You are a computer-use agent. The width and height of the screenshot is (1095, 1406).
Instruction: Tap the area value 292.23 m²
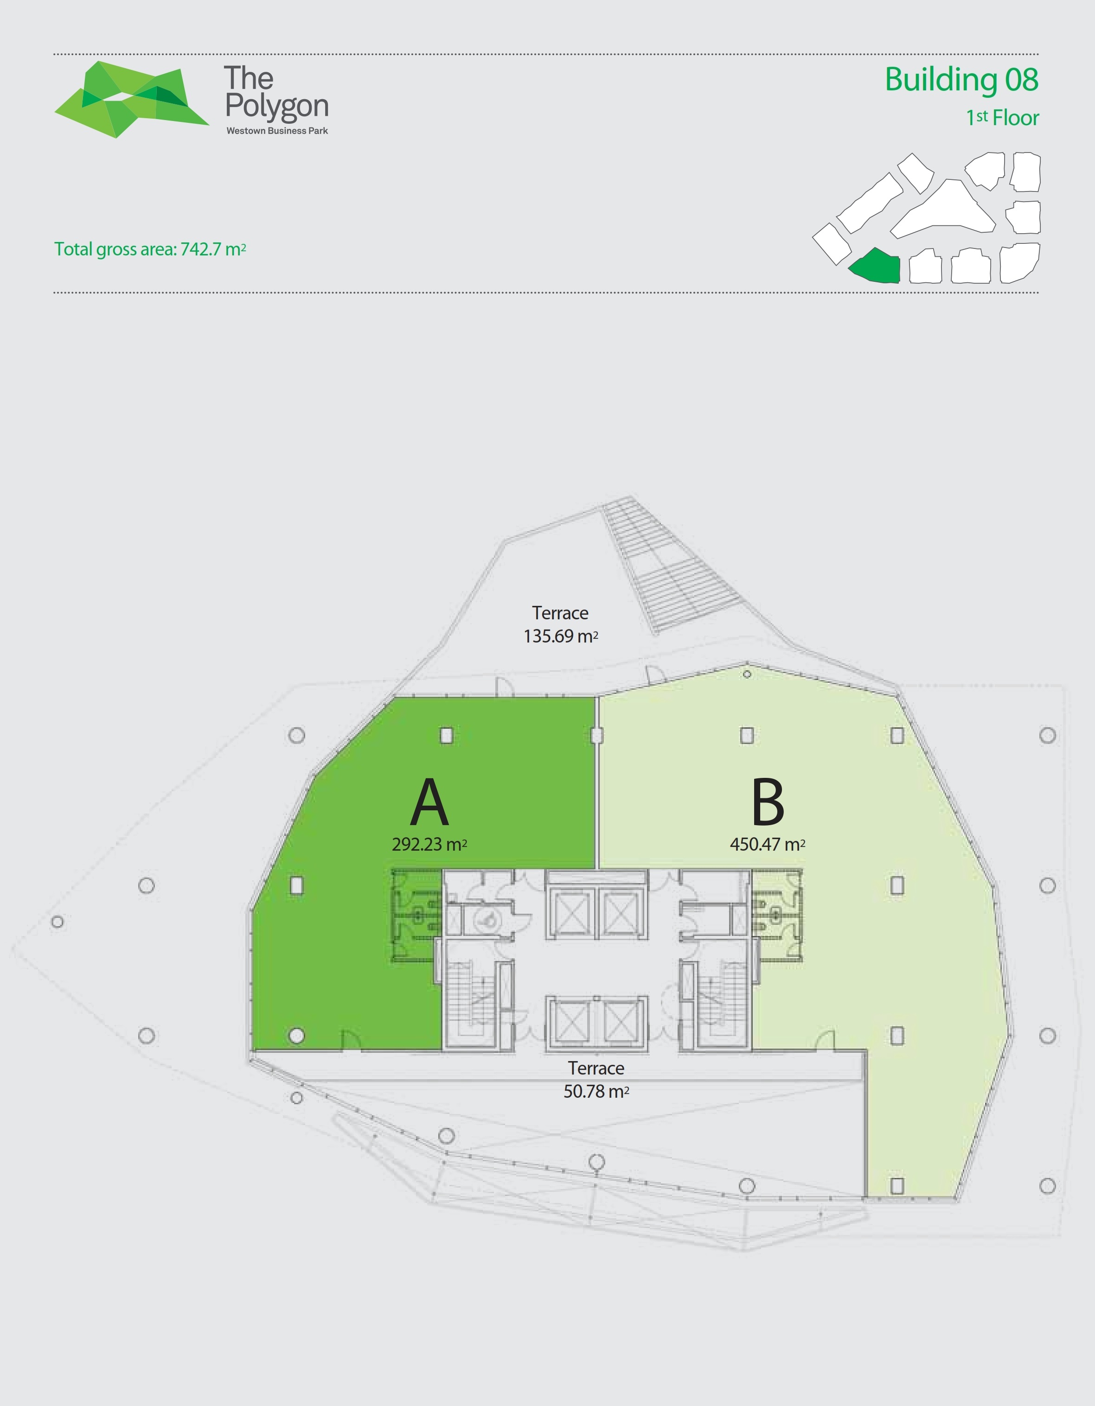(429, 844)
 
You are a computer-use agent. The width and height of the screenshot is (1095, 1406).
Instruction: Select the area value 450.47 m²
(767, 844)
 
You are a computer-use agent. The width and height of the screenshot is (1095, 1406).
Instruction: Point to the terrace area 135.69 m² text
(560, 636)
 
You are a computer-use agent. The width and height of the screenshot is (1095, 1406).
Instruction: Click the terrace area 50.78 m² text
(596, 1091)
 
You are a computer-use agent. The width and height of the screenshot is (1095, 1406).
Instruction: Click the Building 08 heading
(962, 80)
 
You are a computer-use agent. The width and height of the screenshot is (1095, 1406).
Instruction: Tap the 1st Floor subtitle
(1002, 118)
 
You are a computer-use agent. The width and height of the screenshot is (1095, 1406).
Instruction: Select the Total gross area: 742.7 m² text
(150, 249)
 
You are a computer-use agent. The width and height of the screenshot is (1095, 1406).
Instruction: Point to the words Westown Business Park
(277, 131)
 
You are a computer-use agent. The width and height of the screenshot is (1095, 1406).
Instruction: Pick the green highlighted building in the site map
(875, 266)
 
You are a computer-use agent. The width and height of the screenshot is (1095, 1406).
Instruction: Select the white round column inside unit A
(296, 1036)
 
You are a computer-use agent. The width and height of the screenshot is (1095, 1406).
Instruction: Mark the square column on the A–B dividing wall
(596, 735)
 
